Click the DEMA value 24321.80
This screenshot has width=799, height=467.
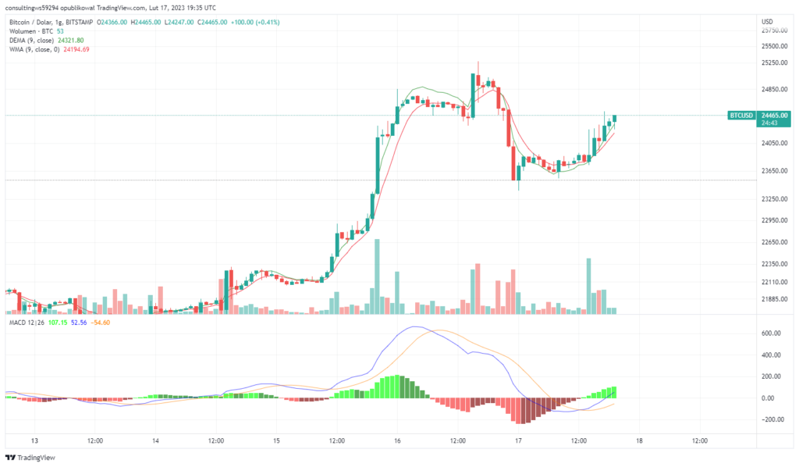pyautogui.click(x=71, y=40)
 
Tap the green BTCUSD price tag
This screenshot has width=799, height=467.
pyautogui.click(x=741, y=116)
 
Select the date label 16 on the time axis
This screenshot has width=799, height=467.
pyautogui.click(x=397, y=440)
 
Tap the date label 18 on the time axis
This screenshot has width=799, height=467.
pyautogui.click(x=639, y=440)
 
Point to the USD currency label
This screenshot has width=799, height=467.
pyautogui.click(x=767, y=21)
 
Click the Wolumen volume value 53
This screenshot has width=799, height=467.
pyautogui.click(x=60, y=30)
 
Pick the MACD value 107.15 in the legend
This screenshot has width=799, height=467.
pyautogui.click(x=58, y=321)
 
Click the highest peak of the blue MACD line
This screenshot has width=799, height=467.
pyautogui.click(x=415, y=326)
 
